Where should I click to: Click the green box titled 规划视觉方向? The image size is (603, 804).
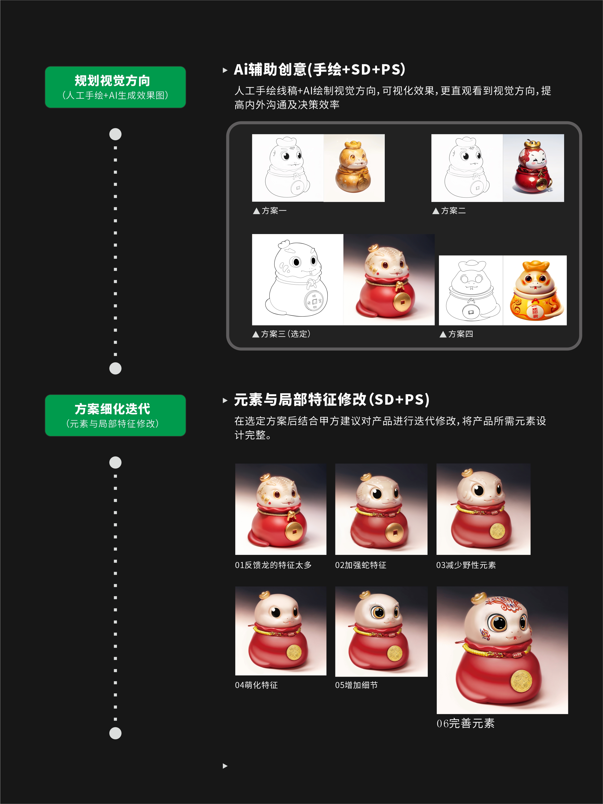point(115,87)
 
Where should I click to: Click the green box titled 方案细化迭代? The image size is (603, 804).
point(115,415)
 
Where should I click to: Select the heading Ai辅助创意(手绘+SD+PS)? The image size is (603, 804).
point(319,70)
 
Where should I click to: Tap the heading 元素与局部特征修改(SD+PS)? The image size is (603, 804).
point(332,400)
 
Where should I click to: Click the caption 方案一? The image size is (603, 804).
point(270,211)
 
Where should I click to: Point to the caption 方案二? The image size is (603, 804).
point(449,211)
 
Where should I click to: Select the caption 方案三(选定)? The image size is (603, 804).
point(282,334)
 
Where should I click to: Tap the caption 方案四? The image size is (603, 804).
point(456,334)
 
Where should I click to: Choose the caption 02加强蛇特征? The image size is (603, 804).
point(361,565)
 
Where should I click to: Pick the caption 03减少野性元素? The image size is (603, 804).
point(466,565)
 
